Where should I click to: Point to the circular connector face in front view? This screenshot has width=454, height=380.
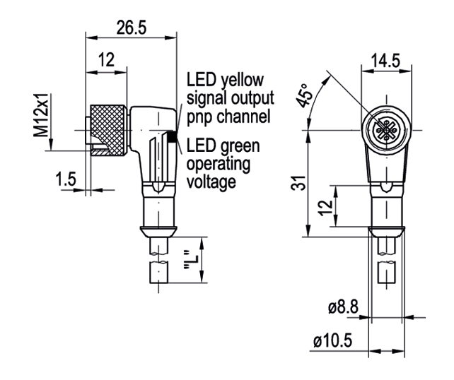click(386, 130)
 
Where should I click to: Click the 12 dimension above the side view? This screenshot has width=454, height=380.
click(107, 60)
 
